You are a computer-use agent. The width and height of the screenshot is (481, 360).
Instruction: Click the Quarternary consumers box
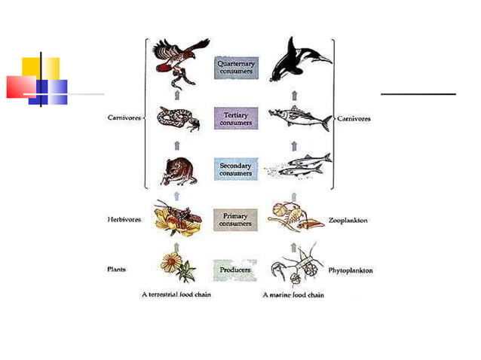pyautogui.click(x=236, y=68)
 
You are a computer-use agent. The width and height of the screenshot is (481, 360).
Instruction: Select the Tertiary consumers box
pyautogui.click(x=236, y=118)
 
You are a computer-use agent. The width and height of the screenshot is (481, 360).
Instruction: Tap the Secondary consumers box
pyautogui.click(x=236, y=169)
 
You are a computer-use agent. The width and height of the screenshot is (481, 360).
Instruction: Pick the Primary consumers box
pyautogui.click(x=236, y=220)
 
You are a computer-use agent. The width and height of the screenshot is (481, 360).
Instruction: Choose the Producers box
pyautogui.click(x=236, y=269)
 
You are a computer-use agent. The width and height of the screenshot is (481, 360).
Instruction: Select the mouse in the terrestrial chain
pyautogui.click(x=179, y=170)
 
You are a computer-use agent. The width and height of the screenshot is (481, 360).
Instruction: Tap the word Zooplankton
pyautogui.click(x=348, y=221)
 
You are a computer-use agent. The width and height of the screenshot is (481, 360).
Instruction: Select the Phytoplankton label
pyautogui.click(x=351, y=270)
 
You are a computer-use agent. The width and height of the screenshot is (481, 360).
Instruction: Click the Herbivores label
pyautogui.click(x=124, y=220)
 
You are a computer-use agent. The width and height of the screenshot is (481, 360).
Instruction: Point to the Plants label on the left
pyautogui.click(x=116, y=269)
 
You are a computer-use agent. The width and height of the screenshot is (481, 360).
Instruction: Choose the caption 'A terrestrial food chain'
pyautogui.click(x=176, y=294)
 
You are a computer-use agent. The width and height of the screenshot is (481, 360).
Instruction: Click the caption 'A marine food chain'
pyautogui.click(x=293, y=294)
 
